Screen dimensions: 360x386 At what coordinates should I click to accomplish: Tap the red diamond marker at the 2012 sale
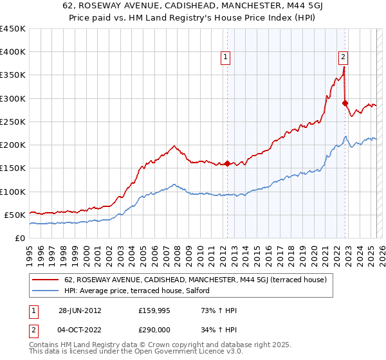(x=227, y=163)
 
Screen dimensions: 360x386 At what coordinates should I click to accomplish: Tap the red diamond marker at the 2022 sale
(x=345, y=103)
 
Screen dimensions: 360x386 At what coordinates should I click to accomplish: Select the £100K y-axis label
(x=13, y=192)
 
